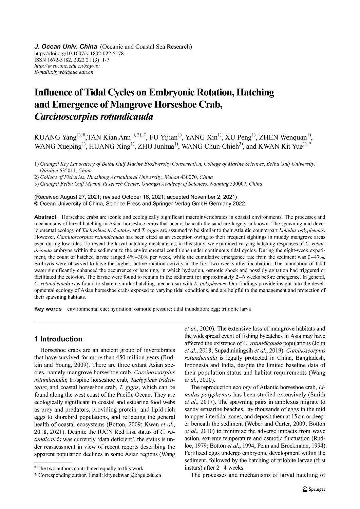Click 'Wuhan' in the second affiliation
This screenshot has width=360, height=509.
tap(171, 177)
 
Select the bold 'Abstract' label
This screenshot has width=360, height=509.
tap(45, 217)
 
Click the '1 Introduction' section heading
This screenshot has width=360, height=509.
tap(58, 339)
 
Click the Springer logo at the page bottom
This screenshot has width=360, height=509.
tap(314, 489)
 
